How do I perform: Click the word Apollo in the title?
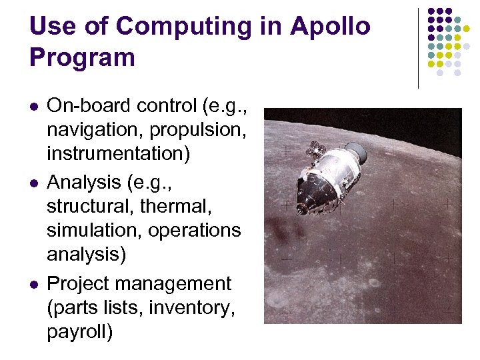[331, 27]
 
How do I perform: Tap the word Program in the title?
[83, 57]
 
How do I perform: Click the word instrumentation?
[118, 153]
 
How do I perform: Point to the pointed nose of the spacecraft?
[300, 209]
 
